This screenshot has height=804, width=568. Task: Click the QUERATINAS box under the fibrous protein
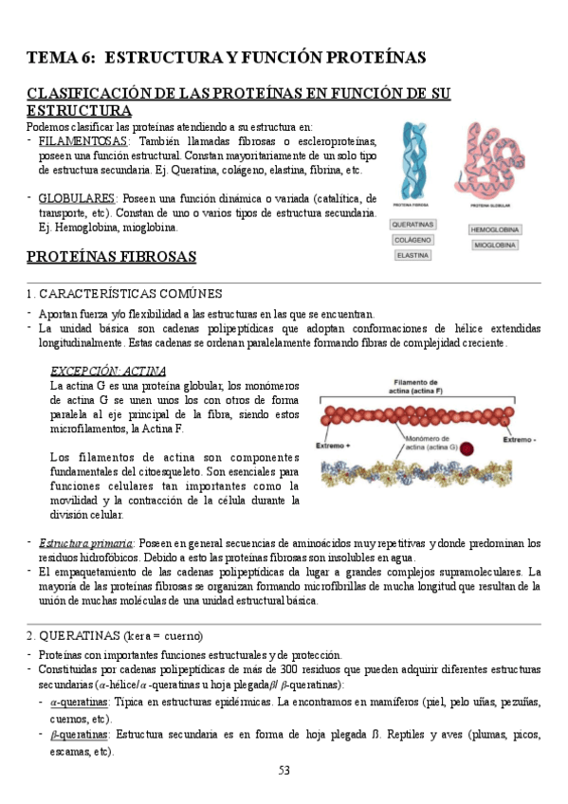click(412, 225)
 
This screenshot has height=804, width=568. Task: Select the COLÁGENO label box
click(412, 240)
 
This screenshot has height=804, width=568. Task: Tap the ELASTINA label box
click(412, 255)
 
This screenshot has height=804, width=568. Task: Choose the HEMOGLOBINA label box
click(493, 229)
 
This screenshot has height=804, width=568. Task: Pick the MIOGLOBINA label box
click(493, 245)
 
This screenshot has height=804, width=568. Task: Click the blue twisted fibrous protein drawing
click(414, 159)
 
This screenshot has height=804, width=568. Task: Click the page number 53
click(284, 770)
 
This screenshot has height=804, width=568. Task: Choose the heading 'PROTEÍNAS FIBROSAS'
click(111, 256)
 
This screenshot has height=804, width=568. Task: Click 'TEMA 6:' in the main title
click(61, 58)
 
